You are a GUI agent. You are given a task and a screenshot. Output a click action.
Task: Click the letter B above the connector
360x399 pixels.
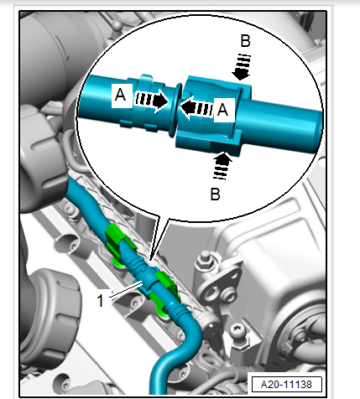(x=245, y=41)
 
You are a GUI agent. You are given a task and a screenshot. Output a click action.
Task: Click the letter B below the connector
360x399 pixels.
(x=215, y=194)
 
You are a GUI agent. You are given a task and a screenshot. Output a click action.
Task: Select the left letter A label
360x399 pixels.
(x=121, y=95)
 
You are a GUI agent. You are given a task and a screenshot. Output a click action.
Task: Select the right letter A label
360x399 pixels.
(x=222, y=110)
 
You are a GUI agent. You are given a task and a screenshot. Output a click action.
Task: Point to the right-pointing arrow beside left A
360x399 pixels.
(x=152, y=101)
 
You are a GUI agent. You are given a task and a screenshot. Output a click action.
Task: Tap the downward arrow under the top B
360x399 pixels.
(x=242, y=67)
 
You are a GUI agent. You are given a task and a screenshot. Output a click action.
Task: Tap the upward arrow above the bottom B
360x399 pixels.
(x=222, y=165)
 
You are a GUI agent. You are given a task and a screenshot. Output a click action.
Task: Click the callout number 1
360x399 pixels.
(x=100, y=301)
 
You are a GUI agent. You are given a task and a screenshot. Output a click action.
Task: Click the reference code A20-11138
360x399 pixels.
(x=286, y=385)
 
